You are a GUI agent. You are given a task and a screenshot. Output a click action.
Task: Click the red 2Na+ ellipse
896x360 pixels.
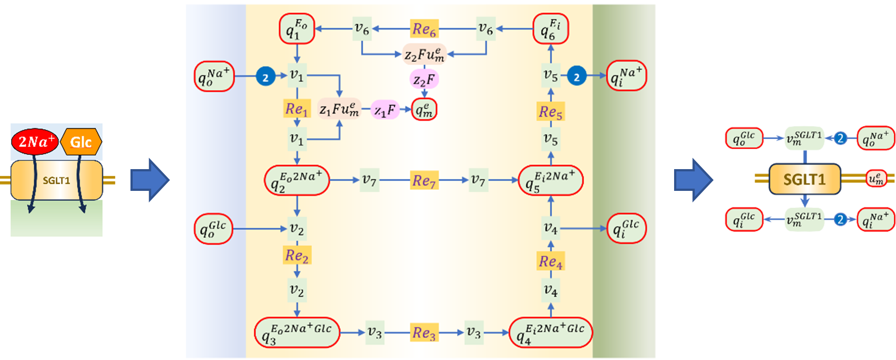tap(35, 142)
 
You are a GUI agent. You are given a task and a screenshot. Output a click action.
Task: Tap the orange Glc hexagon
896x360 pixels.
tap(81, 142)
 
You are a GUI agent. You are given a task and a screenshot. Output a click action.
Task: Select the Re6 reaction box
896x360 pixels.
tap(424, 29)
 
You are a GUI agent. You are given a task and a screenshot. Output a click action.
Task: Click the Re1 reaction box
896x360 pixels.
tap(296, 109)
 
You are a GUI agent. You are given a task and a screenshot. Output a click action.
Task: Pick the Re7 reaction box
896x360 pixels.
tap(424, 180)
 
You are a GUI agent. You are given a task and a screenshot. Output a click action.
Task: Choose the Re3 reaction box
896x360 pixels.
tap(424, 332)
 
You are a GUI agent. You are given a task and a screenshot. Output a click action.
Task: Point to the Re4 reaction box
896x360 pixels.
tap(550, 261)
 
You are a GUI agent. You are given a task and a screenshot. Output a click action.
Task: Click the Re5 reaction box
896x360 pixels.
tap(550, 111)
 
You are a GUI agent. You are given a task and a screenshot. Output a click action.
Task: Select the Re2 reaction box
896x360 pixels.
tap(297, 255)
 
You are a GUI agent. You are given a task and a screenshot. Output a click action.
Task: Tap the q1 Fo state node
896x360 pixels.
tap(297, 29)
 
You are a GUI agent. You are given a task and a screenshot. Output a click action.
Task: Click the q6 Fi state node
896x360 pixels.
tap(550, 29)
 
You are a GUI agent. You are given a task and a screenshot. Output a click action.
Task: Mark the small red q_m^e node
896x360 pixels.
tap(424, 110)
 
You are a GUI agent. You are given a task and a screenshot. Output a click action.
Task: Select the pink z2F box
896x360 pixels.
tap(424, 80)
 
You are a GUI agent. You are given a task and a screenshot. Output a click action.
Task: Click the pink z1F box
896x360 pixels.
tap(385, 110)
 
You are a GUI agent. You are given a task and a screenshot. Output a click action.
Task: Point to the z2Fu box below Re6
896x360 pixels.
tap(424, 55)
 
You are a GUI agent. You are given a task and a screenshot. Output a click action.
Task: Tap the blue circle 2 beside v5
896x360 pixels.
tap(576, 76)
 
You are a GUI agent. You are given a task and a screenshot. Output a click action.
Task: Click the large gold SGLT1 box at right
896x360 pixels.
tap(805, 179)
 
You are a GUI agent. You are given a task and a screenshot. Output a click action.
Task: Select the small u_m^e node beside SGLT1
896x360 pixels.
tap(876, 178)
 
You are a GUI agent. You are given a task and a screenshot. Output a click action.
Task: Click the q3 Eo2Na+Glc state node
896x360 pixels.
tap(297, 332)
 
